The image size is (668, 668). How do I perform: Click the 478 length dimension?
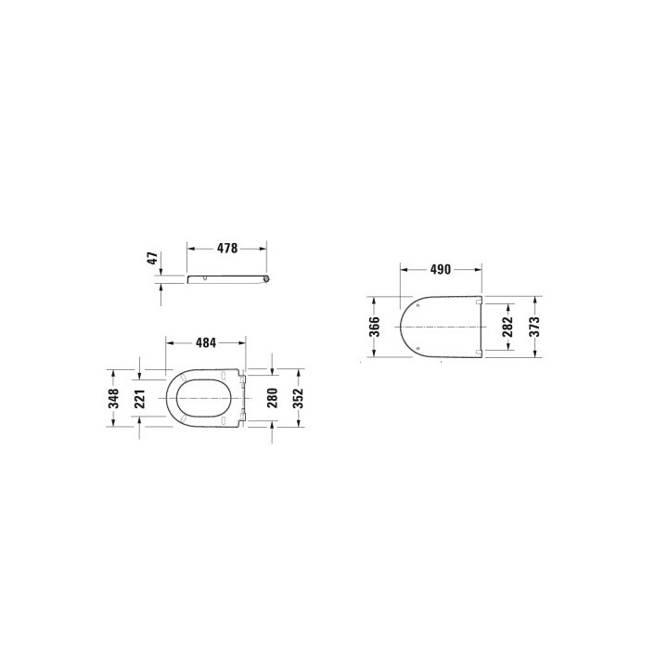(227, 249)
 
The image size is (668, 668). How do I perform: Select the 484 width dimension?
(206, 342)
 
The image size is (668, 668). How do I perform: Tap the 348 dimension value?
(113, 398)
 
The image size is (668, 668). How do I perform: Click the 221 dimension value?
(141, 398)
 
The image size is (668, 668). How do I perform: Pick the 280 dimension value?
(272, 398)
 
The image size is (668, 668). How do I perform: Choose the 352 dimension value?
(299, 398)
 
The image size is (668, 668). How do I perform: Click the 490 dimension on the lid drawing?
(440, 270)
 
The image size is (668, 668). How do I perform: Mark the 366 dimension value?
(373, 328)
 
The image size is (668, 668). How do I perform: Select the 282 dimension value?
(507, 328)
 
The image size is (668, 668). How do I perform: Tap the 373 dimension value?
(535, 328)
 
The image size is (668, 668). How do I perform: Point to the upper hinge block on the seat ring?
(241, 377)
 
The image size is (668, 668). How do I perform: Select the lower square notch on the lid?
(478, 353)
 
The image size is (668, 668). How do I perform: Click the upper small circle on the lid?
(418, 306)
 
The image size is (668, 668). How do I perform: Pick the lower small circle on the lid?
(418, 348)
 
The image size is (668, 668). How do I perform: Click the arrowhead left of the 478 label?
(192, 249)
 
